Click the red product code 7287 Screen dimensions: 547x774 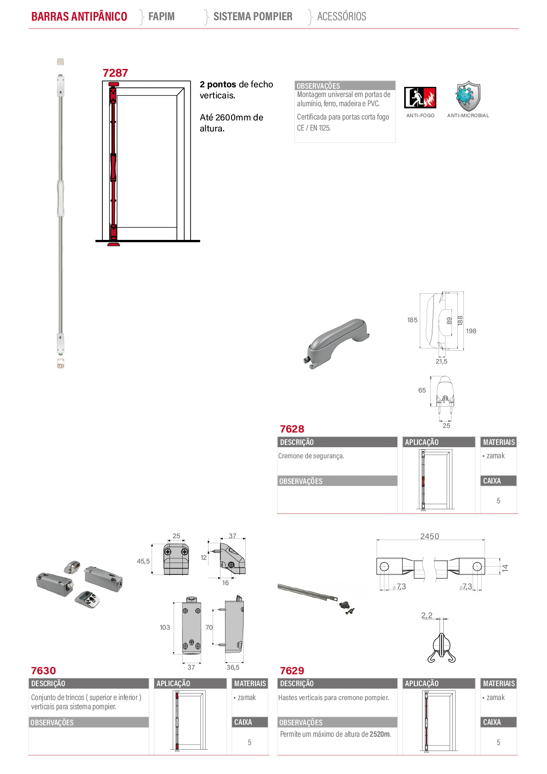115,73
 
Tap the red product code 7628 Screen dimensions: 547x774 292,429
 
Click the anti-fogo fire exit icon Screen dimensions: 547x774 420,97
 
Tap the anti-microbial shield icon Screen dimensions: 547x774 468,96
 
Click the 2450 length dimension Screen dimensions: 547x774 429,536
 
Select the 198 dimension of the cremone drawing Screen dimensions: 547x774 471,331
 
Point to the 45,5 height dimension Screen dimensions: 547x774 143,561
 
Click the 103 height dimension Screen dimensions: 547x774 165,627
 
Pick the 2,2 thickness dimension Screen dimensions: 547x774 427,615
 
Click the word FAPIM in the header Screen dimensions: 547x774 161,16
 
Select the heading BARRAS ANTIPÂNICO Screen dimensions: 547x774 79,16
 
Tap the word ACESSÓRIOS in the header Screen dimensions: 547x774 342,16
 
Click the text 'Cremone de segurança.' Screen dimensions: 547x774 311,456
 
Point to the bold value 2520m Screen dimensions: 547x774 380,734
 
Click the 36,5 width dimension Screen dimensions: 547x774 233,667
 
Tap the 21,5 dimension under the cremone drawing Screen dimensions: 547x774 441,361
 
